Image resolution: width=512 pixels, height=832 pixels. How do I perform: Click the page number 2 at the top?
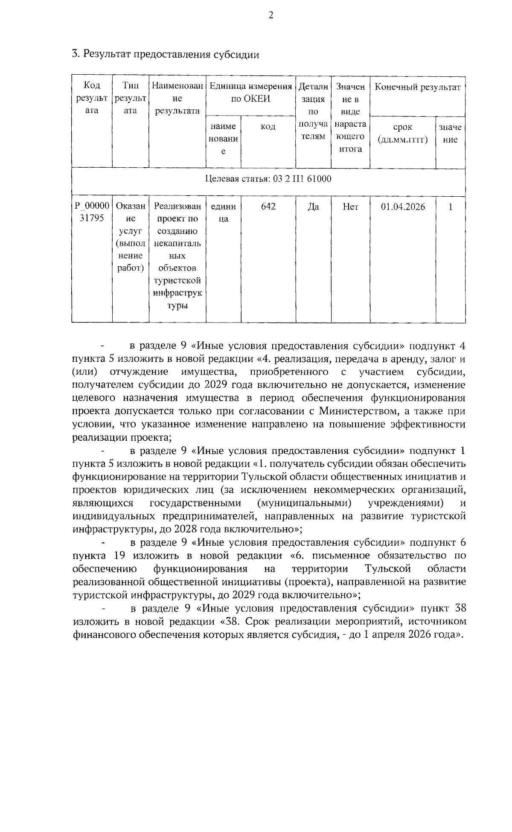[x=271, y=16]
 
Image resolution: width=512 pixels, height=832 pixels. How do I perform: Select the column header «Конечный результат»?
[x=417, y=87]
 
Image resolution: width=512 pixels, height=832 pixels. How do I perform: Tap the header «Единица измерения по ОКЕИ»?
[x=250, y=93]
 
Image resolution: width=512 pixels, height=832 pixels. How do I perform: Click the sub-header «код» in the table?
[x=268, y=127]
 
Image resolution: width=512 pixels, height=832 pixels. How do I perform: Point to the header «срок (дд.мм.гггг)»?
[x=403, y=134]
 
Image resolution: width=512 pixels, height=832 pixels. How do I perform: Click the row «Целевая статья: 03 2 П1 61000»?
[x=268, y=179]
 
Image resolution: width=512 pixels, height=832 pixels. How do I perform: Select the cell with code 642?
[x=268, y=207]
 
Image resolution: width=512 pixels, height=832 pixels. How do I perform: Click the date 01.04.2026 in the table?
[x=403, y=207]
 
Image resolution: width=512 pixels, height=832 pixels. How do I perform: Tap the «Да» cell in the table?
[x=313, y=207]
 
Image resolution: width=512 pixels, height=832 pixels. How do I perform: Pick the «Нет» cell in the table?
[x=350, y=207]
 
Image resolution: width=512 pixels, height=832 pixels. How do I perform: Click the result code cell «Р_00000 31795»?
[x=92, y=212]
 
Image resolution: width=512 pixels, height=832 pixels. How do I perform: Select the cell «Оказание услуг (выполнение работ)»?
[x=131, y=237]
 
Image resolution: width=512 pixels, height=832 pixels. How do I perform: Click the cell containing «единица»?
[x=223, y=212]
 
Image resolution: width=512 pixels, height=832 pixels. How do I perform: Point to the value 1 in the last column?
[x=450, y=207]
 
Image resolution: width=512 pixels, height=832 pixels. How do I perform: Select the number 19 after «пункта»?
[x=119, y=556]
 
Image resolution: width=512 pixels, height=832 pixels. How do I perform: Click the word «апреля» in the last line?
[x=390, y=634]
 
